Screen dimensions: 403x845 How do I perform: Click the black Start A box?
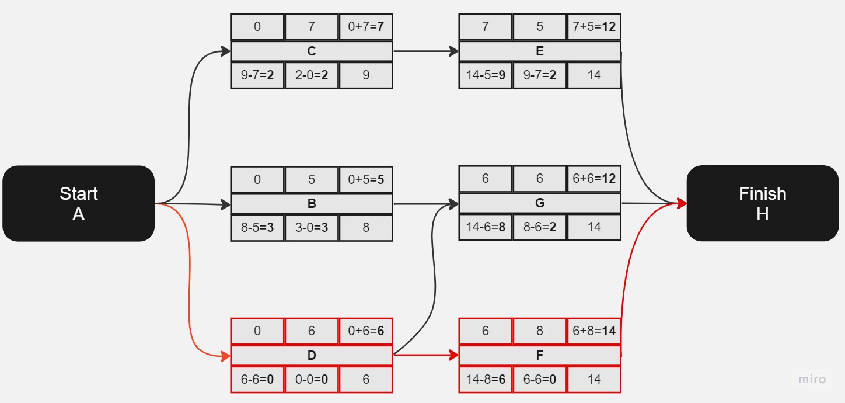point(78,203)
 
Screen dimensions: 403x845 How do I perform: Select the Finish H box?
point(762,203)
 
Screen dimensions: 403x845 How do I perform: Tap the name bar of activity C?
point(312,51)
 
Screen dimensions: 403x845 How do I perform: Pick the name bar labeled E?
point(539,51)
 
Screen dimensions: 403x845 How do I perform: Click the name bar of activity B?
point(312,204)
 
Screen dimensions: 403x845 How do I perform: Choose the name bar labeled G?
point(539,203)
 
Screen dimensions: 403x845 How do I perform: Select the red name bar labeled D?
point(312,355)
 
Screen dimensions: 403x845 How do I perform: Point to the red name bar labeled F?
point(539,355)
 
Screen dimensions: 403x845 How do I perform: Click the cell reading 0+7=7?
point(366,27)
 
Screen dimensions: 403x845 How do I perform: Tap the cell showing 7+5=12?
point(594,27)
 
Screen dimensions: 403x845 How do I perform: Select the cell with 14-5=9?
point(486,75)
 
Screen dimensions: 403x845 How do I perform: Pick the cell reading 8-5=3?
point(257,227)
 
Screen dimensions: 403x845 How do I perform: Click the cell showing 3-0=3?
point(312,227)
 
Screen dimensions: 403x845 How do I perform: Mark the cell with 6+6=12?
point(594,179)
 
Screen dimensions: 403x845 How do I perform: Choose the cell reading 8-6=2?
point(539,227)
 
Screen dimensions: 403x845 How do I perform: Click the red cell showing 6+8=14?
point(594,331)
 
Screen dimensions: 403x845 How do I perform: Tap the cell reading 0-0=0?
point(312,379)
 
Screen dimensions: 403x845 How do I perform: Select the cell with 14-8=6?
point(486,379)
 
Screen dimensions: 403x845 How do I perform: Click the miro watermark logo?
point(812,379)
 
